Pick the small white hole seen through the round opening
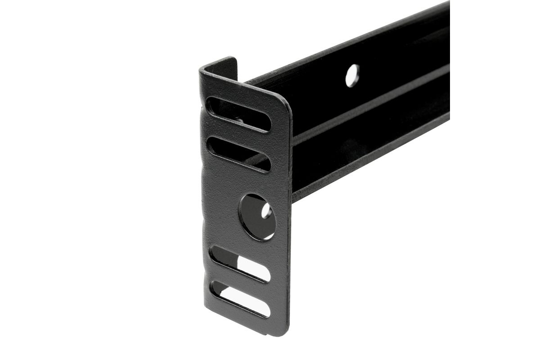click(x=266, y=211)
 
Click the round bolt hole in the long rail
click(x=352, y=76)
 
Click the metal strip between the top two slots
click(x=238, y=135)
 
